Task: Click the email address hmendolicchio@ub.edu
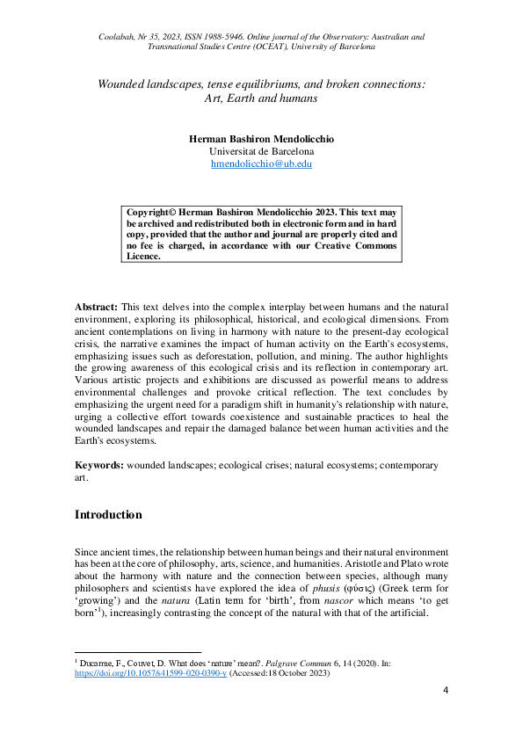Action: pyautogui.click(x=261, y=163)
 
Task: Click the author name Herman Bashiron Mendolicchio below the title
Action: pyautogui.click(x=261, y=138)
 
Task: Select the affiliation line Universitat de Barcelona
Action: pyautogui.click(x=261, y=151)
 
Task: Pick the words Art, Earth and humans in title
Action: pyautogui.click(x=261, y=99)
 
